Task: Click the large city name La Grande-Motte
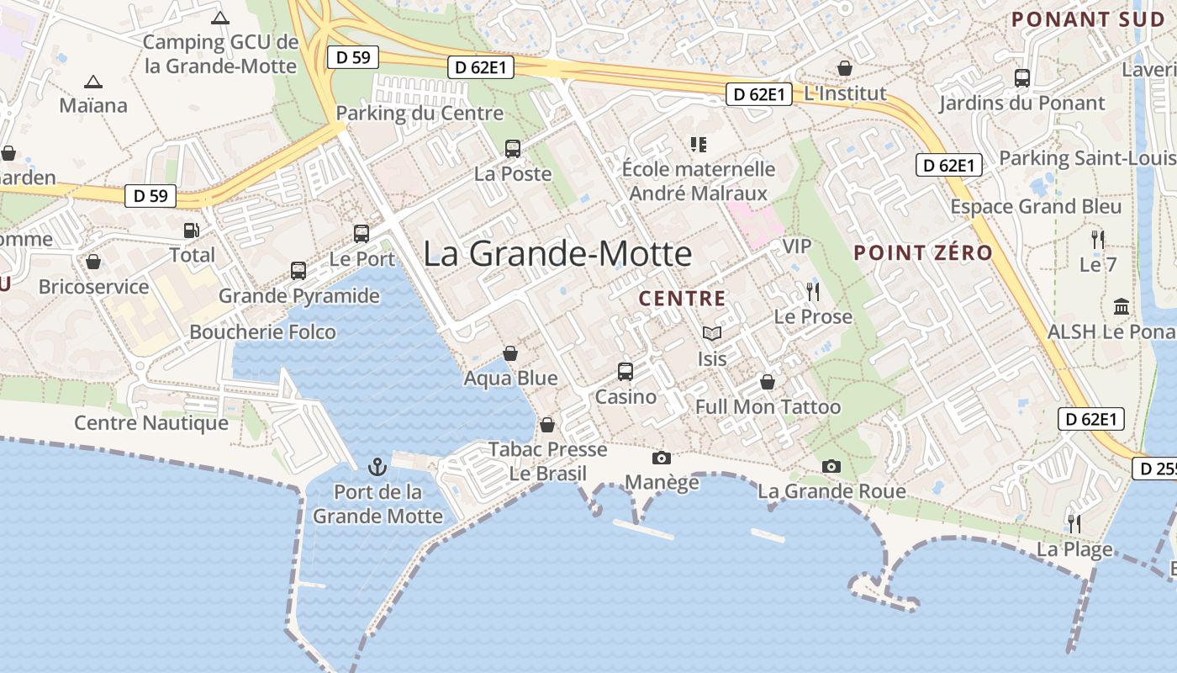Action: coord(557,253)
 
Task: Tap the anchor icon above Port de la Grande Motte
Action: coord(377,466)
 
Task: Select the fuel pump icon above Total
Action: coord(192,230)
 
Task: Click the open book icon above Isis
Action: coord(712,334)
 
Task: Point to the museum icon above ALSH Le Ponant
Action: coord(1121,306)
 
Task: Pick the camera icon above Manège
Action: coord(662,458)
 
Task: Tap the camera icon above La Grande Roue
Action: coord(831,466)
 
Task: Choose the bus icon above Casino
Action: coord(625,371)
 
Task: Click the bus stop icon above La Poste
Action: coord(513,149)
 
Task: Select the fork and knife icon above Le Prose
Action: coord(812,292)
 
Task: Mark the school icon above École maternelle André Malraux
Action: coord(698,145)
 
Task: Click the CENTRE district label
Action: coord(682,299)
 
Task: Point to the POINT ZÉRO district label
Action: coord(923,252)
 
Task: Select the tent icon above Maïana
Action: coord(92,82)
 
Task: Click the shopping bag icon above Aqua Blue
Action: coord(510,353)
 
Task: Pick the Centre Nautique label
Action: coord(151,422)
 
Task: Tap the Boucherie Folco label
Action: coord(262,332)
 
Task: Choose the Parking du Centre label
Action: coord(420,114)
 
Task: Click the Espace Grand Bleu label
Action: coord(1036,207)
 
